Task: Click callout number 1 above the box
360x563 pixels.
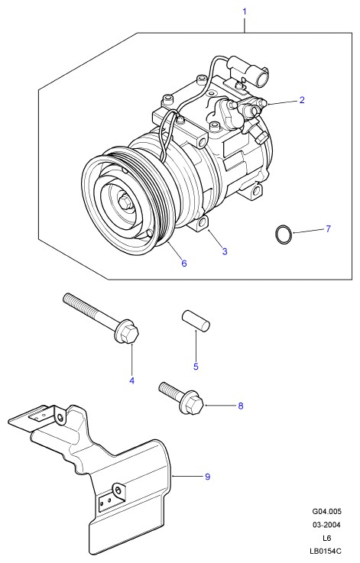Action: tap(245, 11)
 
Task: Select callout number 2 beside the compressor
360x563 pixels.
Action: tap(302, 100)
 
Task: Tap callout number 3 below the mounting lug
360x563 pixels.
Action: tap(225, 251)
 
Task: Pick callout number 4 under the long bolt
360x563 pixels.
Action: tap(132, 380)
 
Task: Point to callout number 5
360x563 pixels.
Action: tap(196, 366)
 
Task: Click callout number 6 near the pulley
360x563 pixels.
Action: tap(184, 264)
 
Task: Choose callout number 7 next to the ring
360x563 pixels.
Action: tap(328, 228)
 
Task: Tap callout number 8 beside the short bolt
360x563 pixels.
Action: tap(241, 406)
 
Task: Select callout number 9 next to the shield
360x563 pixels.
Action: tap(207, 477)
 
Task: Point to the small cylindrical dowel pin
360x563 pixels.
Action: tap(196, 320)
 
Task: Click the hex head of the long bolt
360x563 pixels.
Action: tap(126, 334)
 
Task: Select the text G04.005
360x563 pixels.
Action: tap(326, 511)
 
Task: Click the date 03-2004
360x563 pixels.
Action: tap(326, 525)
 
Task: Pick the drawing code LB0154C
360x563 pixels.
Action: tap(326, 551)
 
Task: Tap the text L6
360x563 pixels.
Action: tap(326, 538)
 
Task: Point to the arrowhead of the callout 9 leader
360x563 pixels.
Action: tap(174, 476)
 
